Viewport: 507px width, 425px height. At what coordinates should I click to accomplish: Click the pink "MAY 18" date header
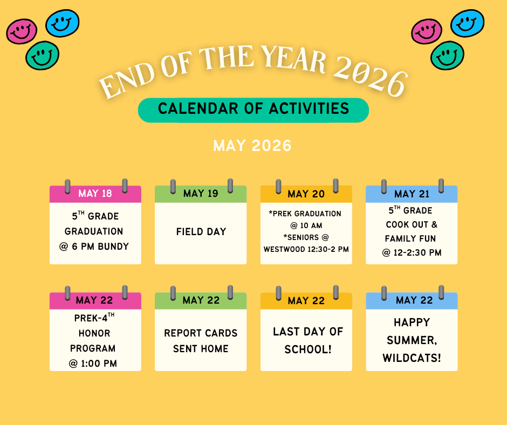point(95,194)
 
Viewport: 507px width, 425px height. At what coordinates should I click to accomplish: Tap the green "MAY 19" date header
point(201,194)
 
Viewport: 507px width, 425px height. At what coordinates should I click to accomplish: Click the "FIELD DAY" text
point(201,232)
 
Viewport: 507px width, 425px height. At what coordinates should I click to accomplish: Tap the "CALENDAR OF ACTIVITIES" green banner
point(253,109)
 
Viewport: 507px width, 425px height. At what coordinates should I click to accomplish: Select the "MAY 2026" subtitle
point(252,146)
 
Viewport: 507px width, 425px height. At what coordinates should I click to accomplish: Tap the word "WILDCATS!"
point(412,358)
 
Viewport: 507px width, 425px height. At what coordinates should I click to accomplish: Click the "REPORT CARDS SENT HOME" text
point(201,341)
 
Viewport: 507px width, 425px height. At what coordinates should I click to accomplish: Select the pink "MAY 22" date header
point(95,300)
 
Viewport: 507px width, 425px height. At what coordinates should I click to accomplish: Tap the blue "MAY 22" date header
point(412,300)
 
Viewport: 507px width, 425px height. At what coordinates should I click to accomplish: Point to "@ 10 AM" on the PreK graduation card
point(306,225)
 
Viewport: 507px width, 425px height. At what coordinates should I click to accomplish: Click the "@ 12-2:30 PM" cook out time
point(412,252)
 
